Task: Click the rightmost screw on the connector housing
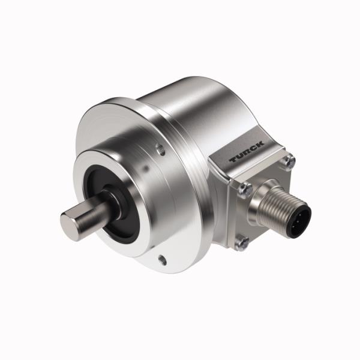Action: pos(291,160)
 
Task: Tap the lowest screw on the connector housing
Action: pos(243,242)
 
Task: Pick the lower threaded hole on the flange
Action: pos(162,260)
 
